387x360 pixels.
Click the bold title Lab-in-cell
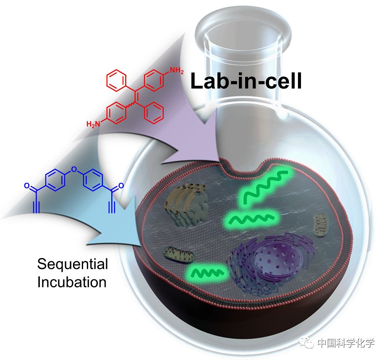click(x=246, y=81)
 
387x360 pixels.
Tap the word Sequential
click(x=72, y=264)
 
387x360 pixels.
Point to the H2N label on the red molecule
click(x=94, y=124)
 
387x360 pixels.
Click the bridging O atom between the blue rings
click(x=75, y=170)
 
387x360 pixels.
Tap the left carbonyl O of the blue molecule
click(x=27, y=185)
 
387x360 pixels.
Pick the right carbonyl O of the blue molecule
click(x=121, y=185)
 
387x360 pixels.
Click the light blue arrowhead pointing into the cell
click(x=118, y=225)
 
